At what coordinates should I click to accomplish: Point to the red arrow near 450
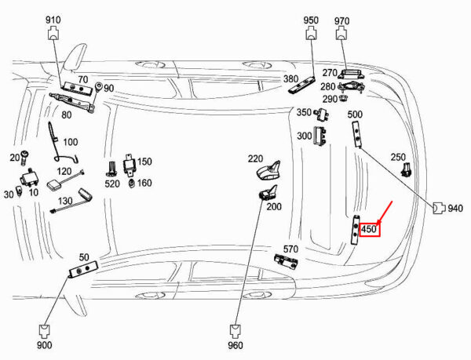(385, 213)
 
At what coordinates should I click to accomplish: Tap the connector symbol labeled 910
(54, 33)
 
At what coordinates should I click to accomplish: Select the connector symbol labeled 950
(312, 33)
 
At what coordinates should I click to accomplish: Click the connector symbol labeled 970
(341, 33)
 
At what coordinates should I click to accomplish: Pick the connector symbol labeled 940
(439, 208)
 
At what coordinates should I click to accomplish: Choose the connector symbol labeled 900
(45, 332)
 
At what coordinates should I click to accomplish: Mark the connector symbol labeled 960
(235, 332)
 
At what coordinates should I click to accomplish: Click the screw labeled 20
(24, 158)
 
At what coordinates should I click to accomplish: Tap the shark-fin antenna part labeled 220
(268, 171)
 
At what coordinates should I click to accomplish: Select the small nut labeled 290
(343, 97)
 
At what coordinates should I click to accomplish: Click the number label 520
(112, 184)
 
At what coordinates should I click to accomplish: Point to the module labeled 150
(130, 165)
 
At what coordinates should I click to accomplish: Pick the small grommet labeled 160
(131, 183)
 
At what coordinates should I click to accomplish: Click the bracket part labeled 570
(286, 260)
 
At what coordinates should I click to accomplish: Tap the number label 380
(290, 79)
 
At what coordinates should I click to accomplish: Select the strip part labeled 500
(356, 134)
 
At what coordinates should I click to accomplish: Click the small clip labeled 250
(406, 169)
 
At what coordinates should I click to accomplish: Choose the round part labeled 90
(98, 87)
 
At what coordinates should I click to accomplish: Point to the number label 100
(71, 142)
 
